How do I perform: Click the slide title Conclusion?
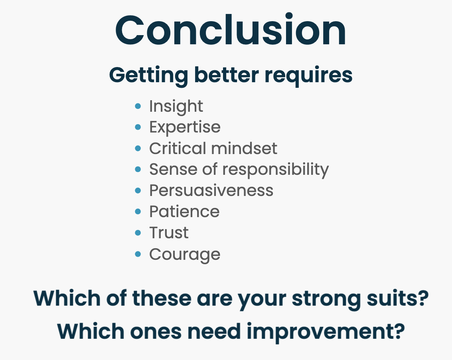[231, 30]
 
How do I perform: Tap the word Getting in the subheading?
[148, 75]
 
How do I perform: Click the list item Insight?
[176, 107]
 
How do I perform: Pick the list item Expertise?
[185, 127]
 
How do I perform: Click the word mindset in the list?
[244, 148]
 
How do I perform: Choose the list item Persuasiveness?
[211, 190]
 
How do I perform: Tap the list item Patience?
[184, 212]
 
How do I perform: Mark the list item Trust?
[169, 233]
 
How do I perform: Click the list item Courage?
[185, 255]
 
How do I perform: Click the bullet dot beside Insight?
[138, 106]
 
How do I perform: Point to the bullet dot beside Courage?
[138, 254]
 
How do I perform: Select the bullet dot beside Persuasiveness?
[138, 190]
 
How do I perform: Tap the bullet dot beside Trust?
[138, 233]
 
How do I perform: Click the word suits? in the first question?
[397, 298]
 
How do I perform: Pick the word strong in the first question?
[326, 300]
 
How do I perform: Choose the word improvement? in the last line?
[326, 332]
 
